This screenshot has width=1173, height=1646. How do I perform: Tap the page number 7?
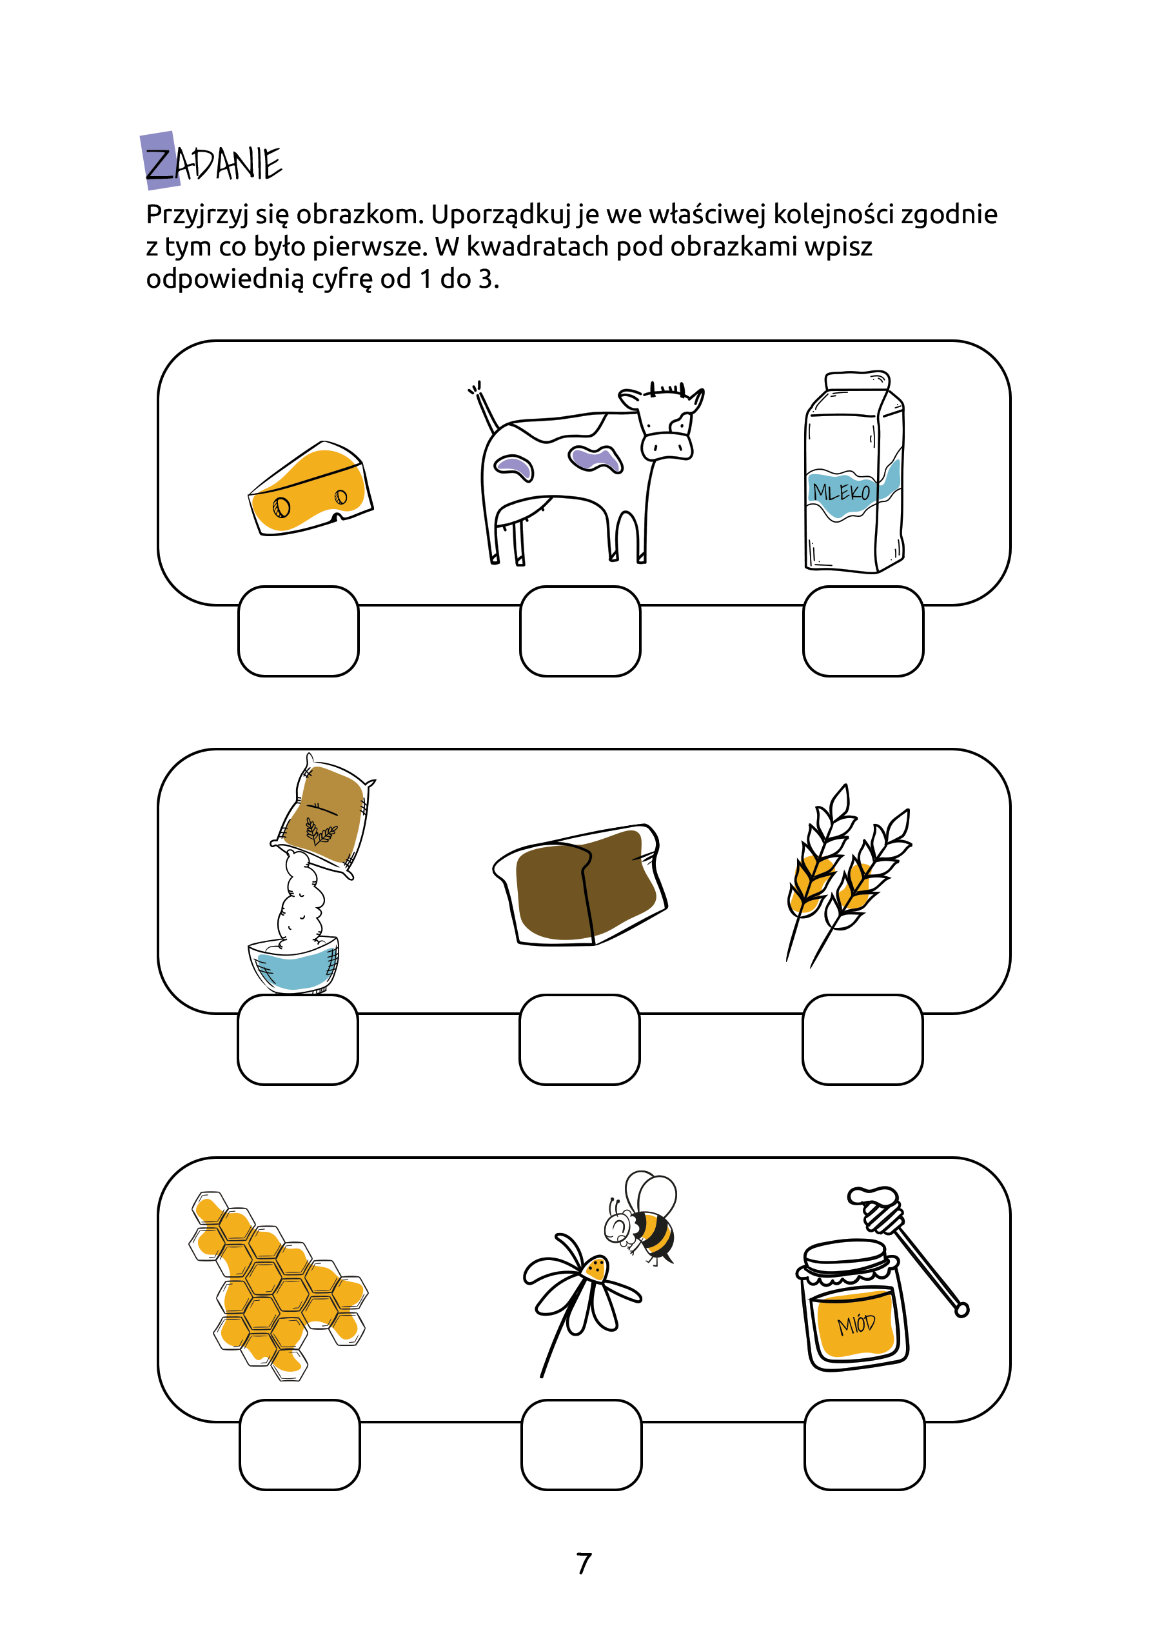coord(584,1563)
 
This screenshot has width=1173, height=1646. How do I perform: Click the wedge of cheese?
coord(311,488)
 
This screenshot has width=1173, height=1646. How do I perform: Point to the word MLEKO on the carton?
coord(842,492)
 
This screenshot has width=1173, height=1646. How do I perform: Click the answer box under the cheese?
coord(299,632)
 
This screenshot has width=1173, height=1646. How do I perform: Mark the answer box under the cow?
coord(580,632)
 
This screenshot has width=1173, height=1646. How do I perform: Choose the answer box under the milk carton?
coord(863,632)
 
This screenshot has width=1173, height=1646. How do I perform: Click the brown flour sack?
coord(324,816)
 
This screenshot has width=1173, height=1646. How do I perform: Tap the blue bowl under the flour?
coord(294,965)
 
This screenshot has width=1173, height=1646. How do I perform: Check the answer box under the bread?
coord(579,1039)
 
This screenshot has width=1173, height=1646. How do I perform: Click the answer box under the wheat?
coord(862,1039)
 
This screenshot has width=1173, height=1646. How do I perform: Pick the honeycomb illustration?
coord(278,1285)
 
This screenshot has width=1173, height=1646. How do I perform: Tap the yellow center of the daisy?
coord(596,1268)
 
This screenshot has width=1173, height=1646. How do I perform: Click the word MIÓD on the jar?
coord(856,1325)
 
